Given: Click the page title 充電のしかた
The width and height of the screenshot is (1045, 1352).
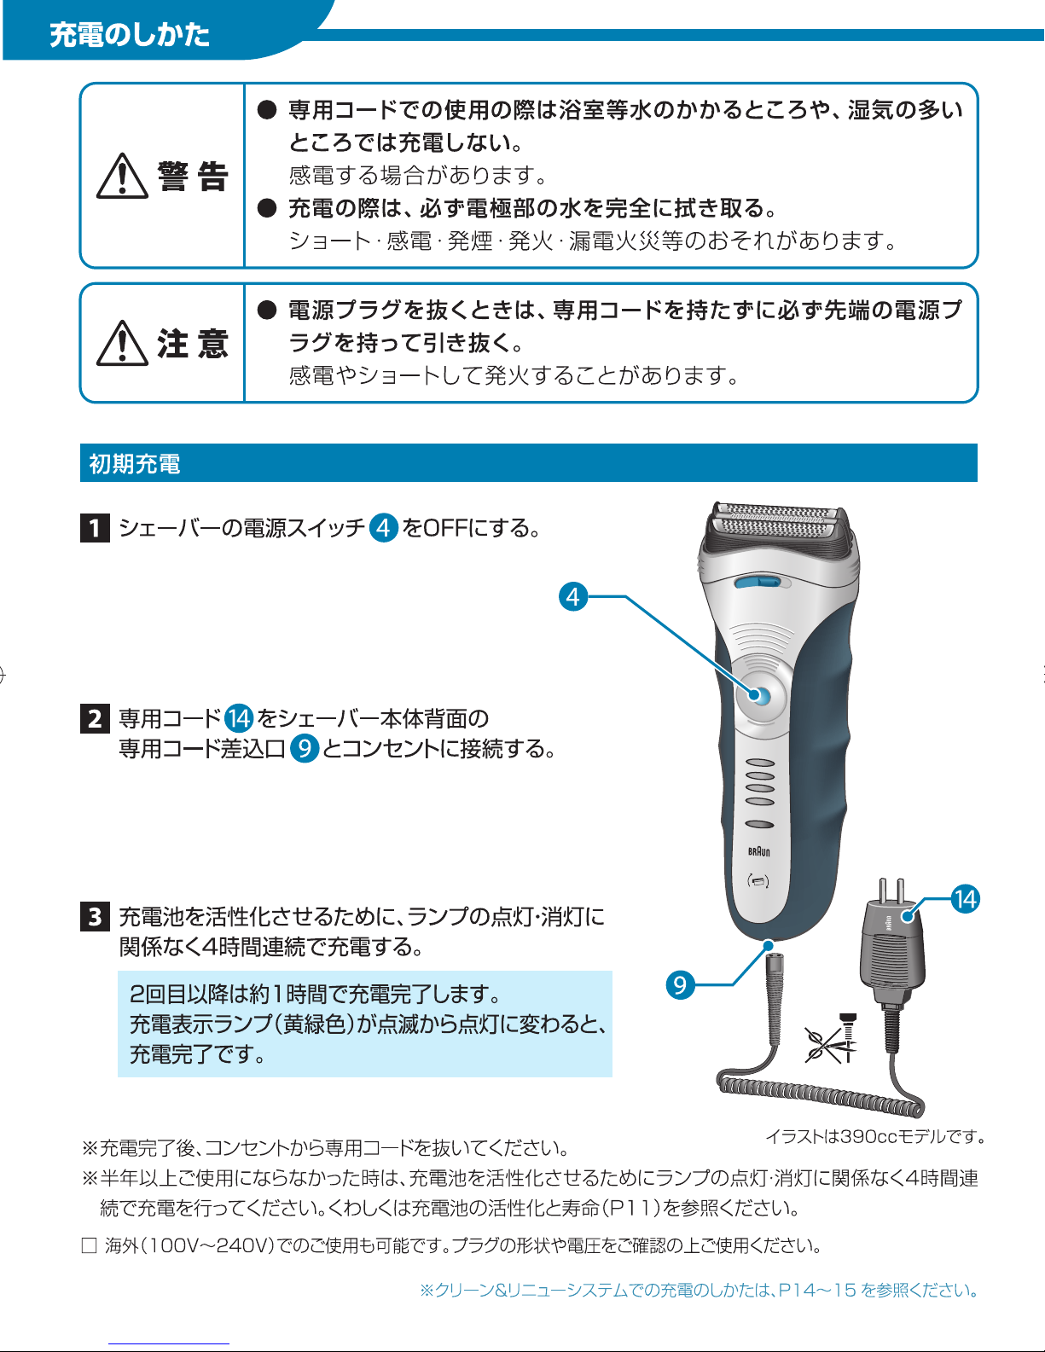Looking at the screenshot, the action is [130, 35].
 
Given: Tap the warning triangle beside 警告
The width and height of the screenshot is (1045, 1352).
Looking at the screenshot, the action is [123, 176].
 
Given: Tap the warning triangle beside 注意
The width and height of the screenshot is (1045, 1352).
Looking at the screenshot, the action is [123, 343].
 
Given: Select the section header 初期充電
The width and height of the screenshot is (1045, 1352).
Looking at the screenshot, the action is [135, 463].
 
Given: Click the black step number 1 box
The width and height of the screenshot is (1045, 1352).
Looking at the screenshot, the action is [96, 528].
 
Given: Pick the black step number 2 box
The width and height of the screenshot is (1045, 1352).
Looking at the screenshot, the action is [96, 718].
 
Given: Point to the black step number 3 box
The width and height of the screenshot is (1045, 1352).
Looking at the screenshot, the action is [96, 916].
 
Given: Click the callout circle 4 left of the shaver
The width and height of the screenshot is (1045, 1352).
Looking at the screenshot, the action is [573, 597].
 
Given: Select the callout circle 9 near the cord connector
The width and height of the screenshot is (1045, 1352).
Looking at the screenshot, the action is [680, 985].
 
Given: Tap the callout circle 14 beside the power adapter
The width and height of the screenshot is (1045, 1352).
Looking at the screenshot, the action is [966, 899].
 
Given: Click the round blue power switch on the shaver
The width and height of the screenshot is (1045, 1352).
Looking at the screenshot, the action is [757, 695].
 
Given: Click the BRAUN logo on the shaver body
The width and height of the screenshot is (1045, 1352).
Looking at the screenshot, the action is [759, 851].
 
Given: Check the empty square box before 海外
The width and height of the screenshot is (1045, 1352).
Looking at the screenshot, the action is [90, 1245].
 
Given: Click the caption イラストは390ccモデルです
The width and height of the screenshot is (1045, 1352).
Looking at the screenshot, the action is [875, 1137].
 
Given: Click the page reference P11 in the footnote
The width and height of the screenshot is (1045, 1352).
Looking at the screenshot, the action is [629, 1208].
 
